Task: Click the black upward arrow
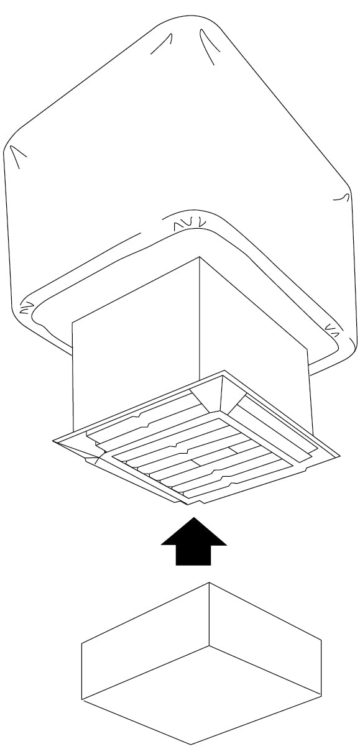click(193, 542)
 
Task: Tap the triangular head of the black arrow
click(193, 532)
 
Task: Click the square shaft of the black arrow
click(193, 555)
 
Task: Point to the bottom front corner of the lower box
click(191, 743)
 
